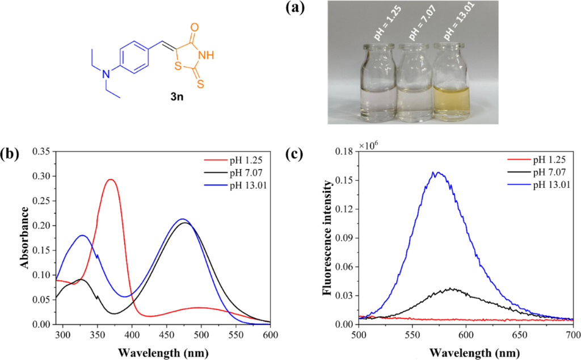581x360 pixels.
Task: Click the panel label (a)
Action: (297, 9)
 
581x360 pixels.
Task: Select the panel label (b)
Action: (10, 153)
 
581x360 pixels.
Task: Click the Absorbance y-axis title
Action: (25, 238)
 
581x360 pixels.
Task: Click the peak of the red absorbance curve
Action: (111, 179)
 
